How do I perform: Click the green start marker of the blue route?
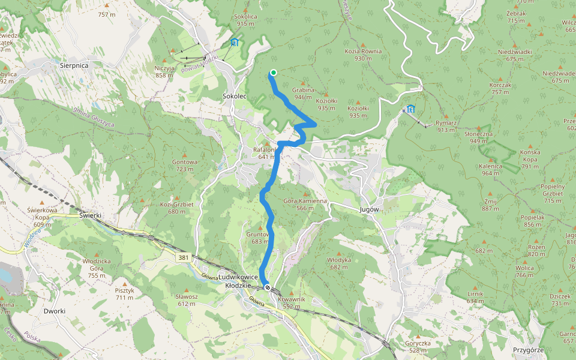pyautogui.click(x=273, y=73)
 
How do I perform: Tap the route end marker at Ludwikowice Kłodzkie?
pyautogui.click(x=268, y=287)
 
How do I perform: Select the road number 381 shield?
pyautogui.click(x=184, y=257)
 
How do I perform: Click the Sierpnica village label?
pyautogui.click(x=74, y=64)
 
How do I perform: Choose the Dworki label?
pyautogui.click(x=54, y=311)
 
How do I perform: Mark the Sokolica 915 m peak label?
pyautogui.click(x=246, y=20)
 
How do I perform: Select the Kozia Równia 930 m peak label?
pyautogui.click(x=363, y=55)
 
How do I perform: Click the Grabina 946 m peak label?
pyautogui.click(x=303, y=93)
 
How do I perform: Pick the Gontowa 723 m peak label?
pyautogui.click(x=184, y=165)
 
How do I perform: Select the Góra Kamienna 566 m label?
pyautogui.click(x=305, y=204)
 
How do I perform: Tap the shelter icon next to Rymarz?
pyautogui.click(x=410, y=109)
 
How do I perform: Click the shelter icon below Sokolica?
pyautogui.click(x=234, y=43)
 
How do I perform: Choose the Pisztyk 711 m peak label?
pyautogui.click(x=125, y=294)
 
